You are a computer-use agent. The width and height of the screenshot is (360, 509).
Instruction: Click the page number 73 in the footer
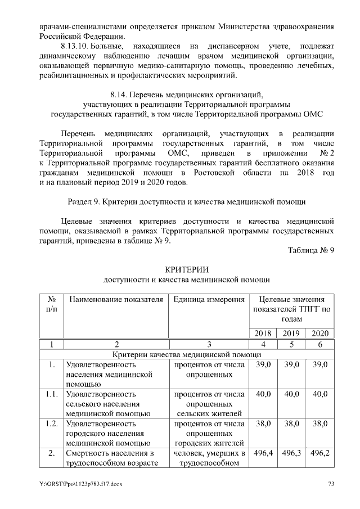point(331,484)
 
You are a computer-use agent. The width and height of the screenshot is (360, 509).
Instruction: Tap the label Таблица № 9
point(310,251)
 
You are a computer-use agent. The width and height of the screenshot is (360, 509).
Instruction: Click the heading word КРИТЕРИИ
point(186,268)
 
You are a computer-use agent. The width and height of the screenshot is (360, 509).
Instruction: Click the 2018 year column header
point(263,333)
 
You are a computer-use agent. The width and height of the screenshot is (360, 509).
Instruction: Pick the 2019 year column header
point(291,333)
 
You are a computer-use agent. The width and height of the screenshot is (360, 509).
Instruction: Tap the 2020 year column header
point(319,333)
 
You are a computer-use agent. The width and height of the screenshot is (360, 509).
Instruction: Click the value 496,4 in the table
point(263,454)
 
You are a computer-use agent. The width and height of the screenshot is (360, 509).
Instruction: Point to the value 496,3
point(291,454)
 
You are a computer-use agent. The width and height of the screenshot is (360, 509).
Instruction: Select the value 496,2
point(319,454)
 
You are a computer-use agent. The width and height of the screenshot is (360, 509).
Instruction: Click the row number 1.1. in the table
point(51,394)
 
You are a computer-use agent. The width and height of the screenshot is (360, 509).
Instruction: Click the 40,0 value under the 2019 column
point(291,394)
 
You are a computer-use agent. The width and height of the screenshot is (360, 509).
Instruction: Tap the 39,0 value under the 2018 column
point(263,364)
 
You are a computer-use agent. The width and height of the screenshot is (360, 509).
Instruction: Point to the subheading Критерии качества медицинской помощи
point(186,354)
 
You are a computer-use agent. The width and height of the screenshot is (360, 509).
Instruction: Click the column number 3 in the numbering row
point(209,344)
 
